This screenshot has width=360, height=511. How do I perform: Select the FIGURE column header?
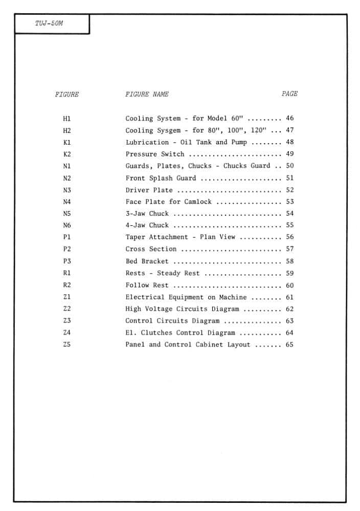click(67, 95)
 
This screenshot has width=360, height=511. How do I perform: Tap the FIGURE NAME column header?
click(147, 95)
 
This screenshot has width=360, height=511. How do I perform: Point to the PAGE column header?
click(289, 94)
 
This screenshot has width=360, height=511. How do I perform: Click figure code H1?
click(67, 119)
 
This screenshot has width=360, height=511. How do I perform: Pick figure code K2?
click(67, 154)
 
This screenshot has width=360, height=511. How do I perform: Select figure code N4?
click(67, 202)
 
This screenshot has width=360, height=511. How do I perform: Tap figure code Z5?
click(67, 344)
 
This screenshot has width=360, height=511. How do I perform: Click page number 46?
click(290, 118)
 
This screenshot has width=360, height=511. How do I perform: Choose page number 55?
click(290, 225)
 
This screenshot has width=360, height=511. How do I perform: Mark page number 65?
click(290, 344)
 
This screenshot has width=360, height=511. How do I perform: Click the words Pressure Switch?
click(155, 154)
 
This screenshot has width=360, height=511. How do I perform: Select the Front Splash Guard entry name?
click(161, 178)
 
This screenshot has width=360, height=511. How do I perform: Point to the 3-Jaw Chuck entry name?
click(147, 214)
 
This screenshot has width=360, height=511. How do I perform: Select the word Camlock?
click(198, 202)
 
